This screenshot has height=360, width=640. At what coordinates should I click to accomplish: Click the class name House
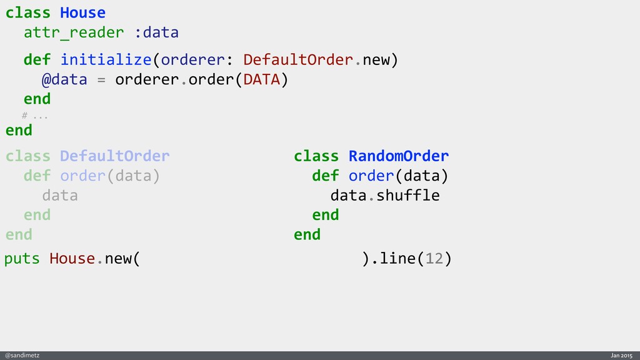(82, 12)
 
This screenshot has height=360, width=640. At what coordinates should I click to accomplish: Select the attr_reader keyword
(74, 32)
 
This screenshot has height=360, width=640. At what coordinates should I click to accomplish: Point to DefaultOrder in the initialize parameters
(299, 60)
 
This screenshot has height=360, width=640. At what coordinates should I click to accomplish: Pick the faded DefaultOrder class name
(114, 156)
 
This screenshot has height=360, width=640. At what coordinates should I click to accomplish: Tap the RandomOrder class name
(398, 156)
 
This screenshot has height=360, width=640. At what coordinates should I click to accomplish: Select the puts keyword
(22, 259)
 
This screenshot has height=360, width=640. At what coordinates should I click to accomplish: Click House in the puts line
(72, 259)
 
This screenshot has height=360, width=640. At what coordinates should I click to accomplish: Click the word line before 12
(399, 259)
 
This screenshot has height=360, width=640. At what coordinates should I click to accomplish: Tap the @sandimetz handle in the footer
(22, 355)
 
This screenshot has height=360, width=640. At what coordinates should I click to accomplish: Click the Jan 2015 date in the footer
(622, 355)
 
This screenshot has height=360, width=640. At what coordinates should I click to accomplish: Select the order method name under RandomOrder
(371, 176)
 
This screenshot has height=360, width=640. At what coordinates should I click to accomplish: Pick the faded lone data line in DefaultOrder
(60, 196)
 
